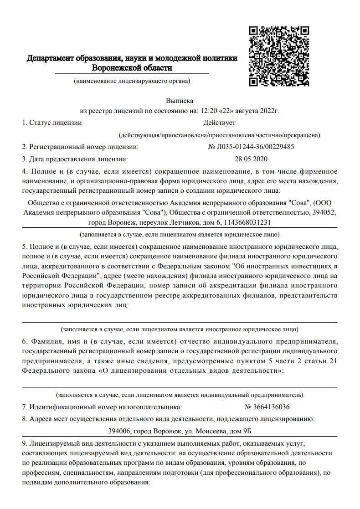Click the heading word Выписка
pos(180,101)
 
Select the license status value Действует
pos(219,123)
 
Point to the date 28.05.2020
pos(251,159)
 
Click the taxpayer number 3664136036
pos(272,406)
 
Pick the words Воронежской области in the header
pos(132,68)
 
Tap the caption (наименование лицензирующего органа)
pos(132,81)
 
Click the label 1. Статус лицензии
pos(52,123)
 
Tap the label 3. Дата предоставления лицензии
pos(75,159)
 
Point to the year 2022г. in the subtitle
pos(269,111)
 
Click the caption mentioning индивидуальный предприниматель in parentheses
pos(180,395)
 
